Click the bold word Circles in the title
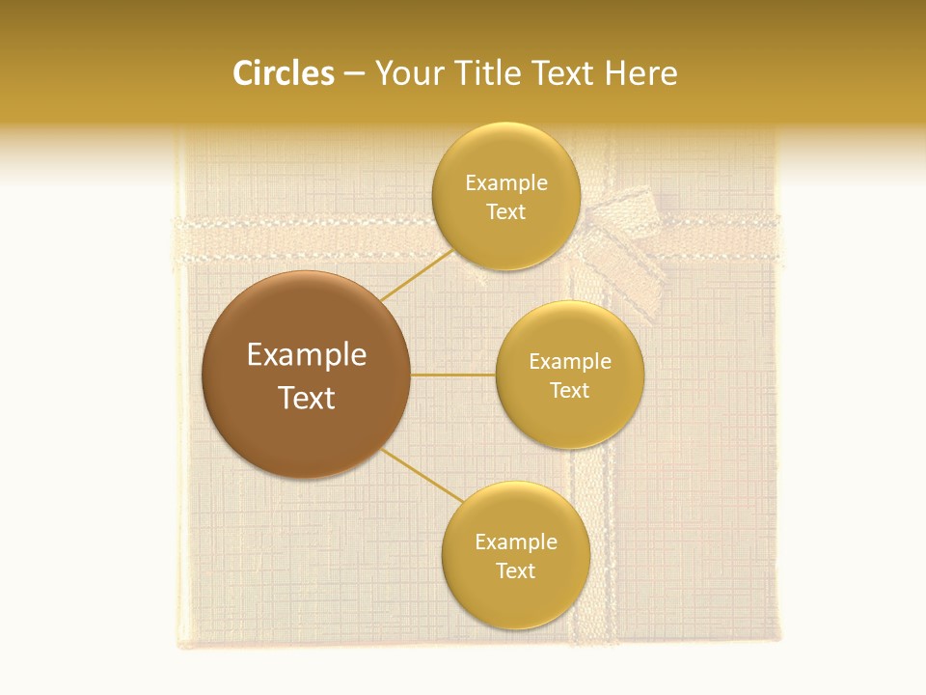[284, 73]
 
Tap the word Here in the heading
[640, 73]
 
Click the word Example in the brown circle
[307, 355]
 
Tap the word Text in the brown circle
[307, 398]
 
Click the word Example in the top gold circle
[506, 183]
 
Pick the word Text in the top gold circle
[505, 212]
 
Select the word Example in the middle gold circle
[570, 362]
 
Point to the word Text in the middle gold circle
[569, 391]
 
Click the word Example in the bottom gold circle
[516, 542]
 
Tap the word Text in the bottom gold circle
[515, 571]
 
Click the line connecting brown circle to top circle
[418, 276]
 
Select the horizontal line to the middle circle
[453, 375]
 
